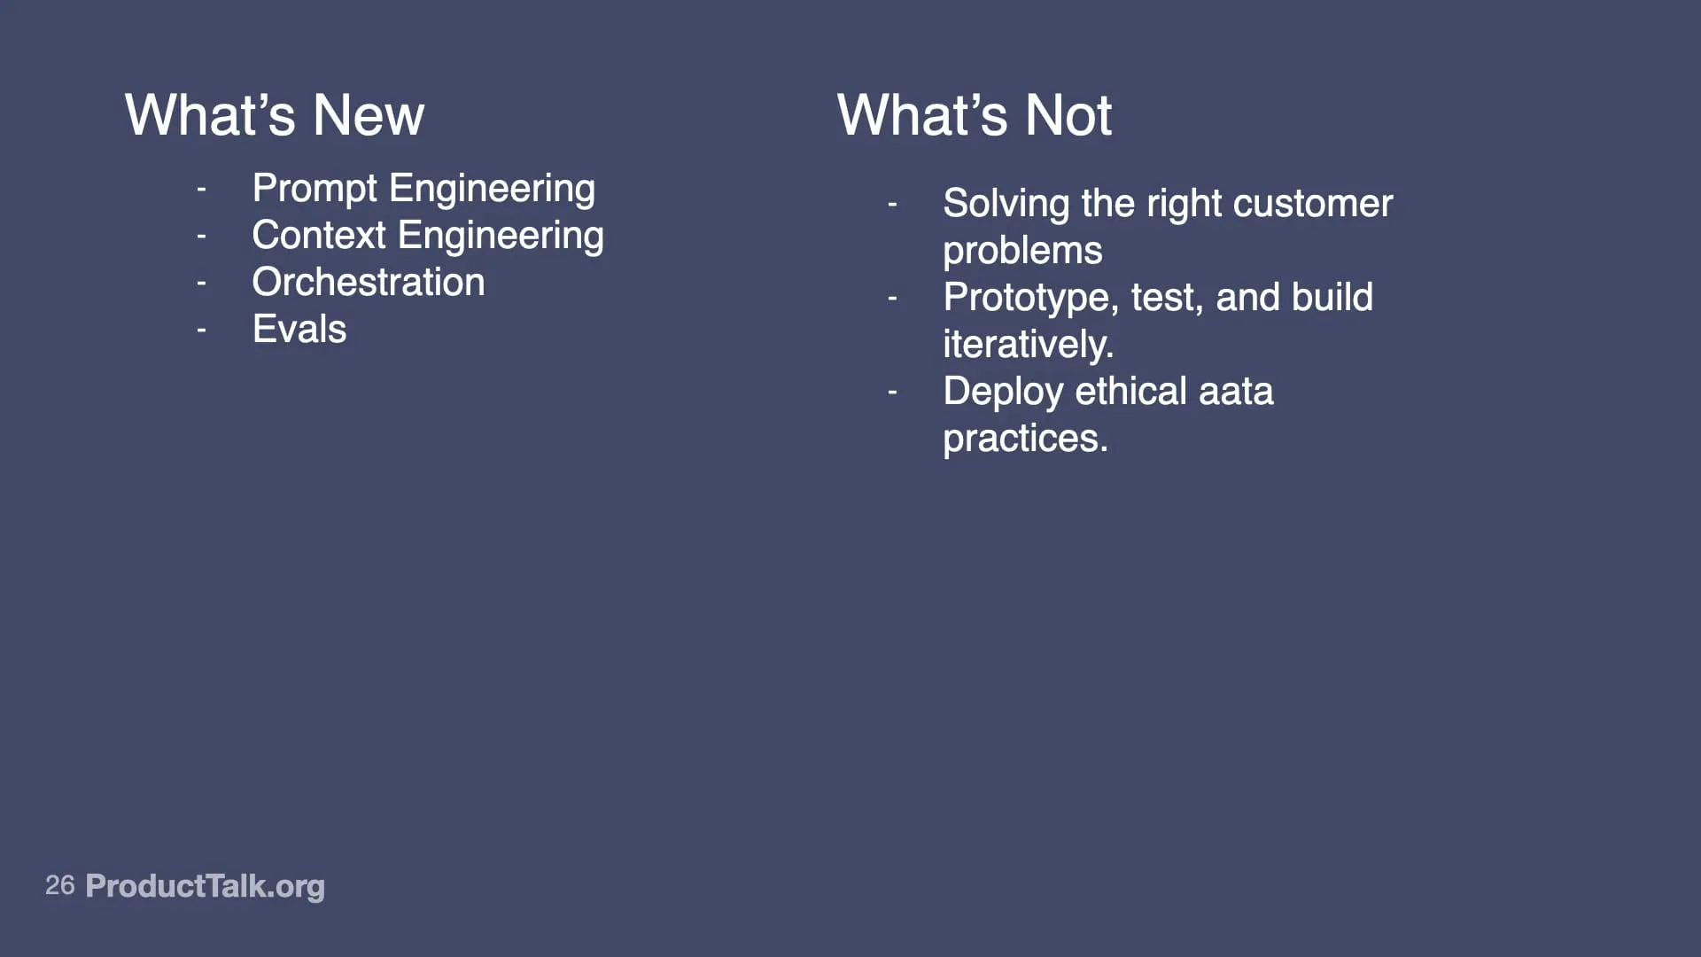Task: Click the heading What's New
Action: [275, 115]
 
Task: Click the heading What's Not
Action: [974, 115]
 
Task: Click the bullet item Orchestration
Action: [369, 282]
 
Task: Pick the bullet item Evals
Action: [299, 329]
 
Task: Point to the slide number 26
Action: [60, 885]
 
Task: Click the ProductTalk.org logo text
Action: [206, 887]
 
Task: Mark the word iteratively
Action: [1029, 346]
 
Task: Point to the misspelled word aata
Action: [1236, 393]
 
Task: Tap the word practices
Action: [1026, 440]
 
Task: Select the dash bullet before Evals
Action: [202, 331]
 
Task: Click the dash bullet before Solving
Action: [893, 205]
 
